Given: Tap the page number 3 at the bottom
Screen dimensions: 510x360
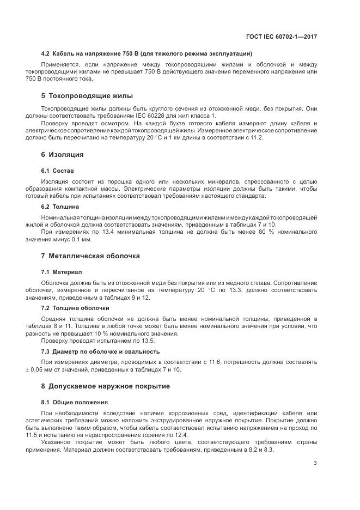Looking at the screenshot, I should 315,463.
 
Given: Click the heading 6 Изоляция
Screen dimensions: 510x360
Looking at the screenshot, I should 62,154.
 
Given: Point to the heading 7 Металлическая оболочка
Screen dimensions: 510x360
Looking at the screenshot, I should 90,256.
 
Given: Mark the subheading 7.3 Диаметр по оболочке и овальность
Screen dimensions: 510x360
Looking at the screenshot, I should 100,351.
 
